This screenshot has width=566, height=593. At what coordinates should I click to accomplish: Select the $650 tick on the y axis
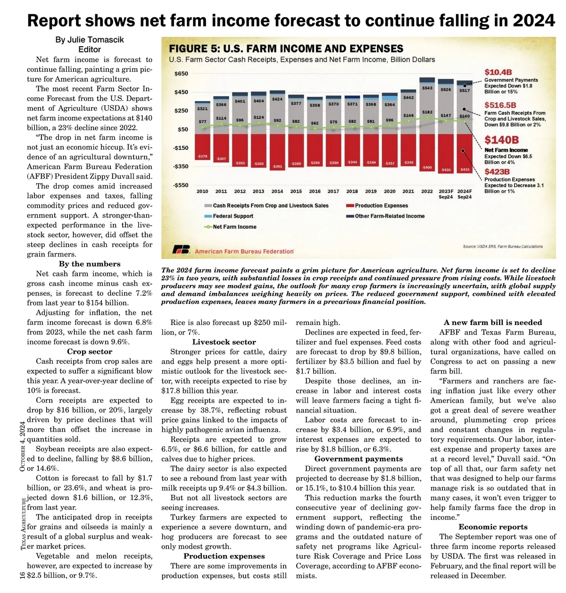pyautogui.click(x=181, y=74)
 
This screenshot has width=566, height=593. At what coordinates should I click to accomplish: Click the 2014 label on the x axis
pyautogui.click(x=277, y=191)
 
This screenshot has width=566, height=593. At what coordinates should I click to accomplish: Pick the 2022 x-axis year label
pyautogui.click(x=427, y=191)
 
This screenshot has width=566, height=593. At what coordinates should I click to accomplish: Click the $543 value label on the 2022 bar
pyautogui.click(x=427, y=88)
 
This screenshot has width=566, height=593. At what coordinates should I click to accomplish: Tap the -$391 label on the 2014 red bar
pyautogui.click(x=277, y=167)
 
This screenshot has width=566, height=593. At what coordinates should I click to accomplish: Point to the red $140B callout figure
pyautogui.click(x=501, y=140)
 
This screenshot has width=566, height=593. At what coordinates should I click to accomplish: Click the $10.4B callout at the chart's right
pyautogui.click(x=498, y=72)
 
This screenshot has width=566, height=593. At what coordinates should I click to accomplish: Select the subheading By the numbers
pyautogui.click(x=90, y=264)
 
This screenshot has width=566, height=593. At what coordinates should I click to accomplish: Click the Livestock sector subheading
pyautogui.click(x=224, y=342)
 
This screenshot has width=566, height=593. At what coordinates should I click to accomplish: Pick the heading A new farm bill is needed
pyautogui.click(x=493, y=323)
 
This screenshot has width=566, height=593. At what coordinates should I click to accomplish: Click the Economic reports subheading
pyautogui.click(x=493, y=527)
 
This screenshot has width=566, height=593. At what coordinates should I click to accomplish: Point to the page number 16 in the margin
pyautogui.click(x=22, y=575)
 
